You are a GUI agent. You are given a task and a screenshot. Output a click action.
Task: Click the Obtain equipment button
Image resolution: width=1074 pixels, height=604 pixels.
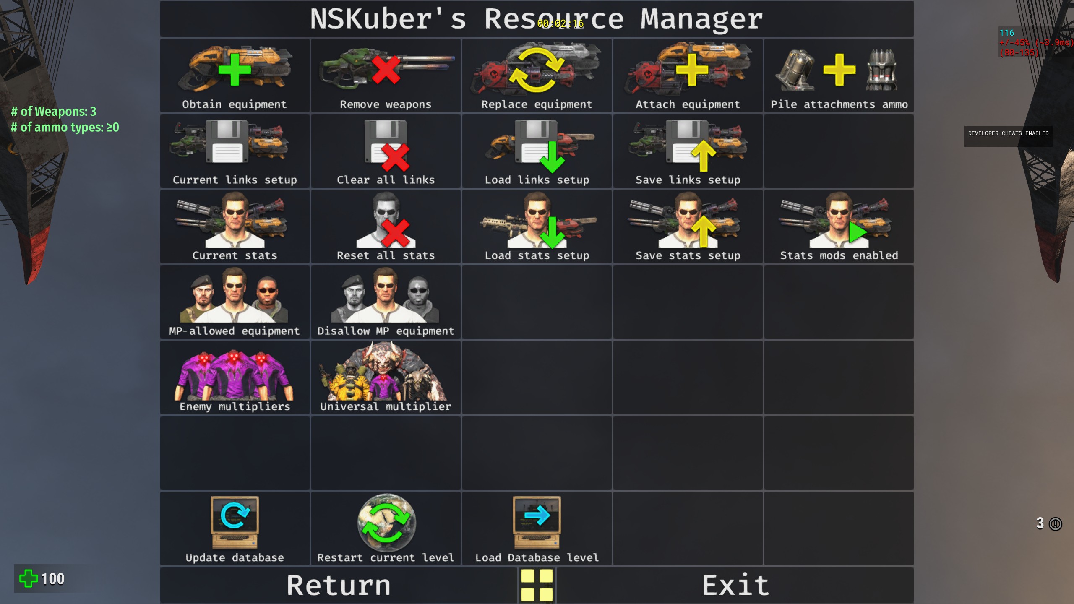point(235,75)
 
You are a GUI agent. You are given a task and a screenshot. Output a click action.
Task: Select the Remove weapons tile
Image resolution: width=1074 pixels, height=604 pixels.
point(386,75)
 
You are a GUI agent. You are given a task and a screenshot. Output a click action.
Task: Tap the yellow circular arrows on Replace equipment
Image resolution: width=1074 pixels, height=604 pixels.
point(537,70)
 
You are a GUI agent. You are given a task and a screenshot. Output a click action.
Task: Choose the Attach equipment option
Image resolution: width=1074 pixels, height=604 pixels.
point(688,75)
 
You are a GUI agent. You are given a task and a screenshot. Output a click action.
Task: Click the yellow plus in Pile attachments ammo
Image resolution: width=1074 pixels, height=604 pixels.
point(839,70)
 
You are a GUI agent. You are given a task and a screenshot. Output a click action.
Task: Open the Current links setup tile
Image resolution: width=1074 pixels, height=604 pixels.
point(235,151)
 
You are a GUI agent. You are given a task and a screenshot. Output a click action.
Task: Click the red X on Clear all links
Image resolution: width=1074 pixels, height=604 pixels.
point(395,157)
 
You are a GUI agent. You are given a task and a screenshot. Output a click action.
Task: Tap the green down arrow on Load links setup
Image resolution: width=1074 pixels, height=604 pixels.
point(552,157)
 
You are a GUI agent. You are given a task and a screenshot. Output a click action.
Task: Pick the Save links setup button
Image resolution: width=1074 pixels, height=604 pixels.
point(688,151)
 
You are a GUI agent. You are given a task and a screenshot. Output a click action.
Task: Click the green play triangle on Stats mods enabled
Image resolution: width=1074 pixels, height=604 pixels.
point(857,232)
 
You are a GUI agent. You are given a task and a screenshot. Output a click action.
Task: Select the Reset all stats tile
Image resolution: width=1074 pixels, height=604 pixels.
point(386,226)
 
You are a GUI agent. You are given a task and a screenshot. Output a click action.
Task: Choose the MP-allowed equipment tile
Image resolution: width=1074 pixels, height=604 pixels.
point(235,302)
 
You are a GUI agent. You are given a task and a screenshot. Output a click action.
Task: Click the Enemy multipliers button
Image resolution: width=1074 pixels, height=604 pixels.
point(235,377)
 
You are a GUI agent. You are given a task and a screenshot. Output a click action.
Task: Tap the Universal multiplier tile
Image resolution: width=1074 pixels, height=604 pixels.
point(386,377)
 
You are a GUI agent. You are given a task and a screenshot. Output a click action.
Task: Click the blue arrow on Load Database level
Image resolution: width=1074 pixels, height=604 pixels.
point(537,515)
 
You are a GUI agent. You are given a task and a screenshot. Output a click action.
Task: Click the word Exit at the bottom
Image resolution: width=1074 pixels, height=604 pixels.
point(735,586)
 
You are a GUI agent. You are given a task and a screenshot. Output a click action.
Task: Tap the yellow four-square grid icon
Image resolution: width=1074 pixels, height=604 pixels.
point(537,586)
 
